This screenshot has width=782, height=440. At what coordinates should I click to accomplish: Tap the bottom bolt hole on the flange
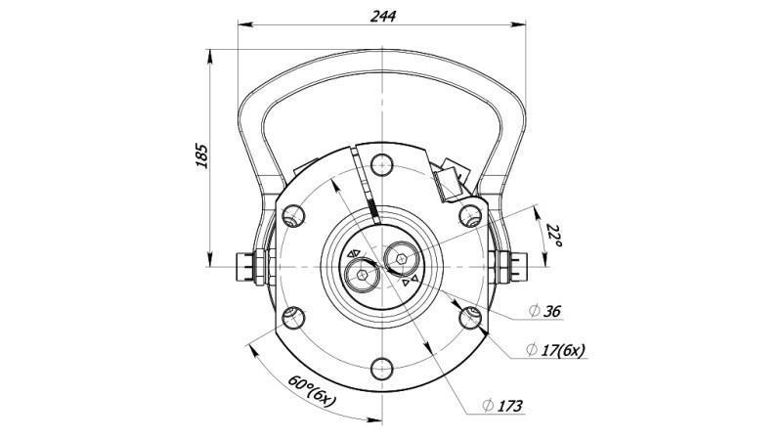[x=381, y=369]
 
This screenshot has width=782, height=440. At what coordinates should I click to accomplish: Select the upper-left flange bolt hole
[x=290, y=213]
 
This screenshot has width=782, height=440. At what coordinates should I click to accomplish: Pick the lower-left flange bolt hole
[x=290, y=316]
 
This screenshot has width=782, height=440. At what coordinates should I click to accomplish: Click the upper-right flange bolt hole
[x=472, y=213]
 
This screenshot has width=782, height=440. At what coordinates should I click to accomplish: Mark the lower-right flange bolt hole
[x=472, y=316]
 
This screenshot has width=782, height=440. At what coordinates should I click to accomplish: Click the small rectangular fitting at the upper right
[x=449, y=179]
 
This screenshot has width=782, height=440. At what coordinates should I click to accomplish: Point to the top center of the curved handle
[x=381, y=59]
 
